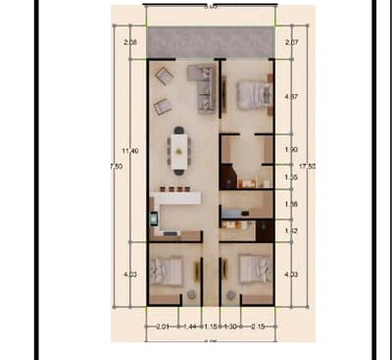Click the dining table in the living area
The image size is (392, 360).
pos(179,149)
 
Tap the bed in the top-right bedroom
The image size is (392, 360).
pos(252,95)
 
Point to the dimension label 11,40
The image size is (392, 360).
pos(129,150)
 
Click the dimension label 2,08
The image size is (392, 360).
pos(130,44)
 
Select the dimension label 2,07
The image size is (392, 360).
pos(290,44)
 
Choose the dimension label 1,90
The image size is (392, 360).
pos(290,149)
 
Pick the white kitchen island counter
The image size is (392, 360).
pos(176,198)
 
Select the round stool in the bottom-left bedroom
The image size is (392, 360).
pos(191,294)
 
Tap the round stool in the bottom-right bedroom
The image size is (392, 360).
pos(228,293)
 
